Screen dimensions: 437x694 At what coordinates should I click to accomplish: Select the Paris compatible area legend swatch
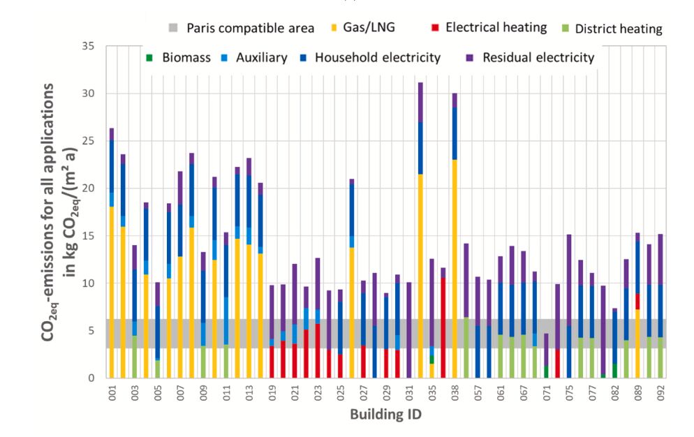(x=175, y=29)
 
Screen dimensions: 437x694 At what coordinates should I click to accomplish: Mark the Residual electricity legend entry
(x=540, y=58)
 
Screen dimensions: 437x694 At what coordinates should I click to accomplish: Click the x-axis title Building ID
(x=385, y=414)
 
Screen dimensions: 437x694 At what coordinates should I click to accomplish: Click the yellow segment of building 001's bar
(x=111, y=293)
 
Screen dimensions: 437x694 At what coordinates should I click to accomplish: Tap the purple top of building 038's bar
(x=455, y=100)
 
